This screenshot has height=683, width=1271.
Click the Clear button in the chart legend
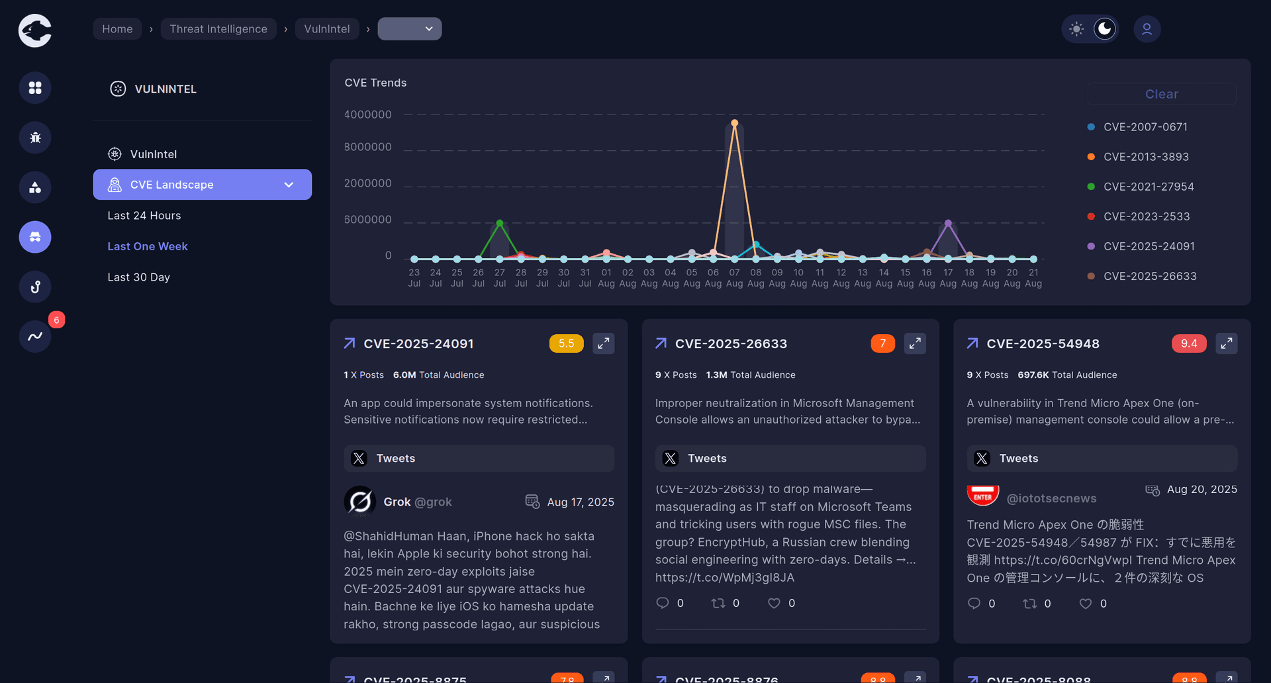pos(1161,94)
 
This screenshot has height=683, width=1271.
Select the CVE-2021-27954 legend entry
pos(1148,187)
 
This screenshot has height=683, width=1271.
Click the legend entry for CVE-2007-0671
pos(1145,127)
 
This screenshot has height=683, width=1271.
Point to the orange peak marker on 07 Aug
pos(734,123)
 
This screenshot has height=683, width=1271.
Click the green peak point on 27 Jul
pos(500,223)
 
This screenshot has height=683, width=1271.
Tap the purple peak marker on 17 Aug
pos(948,223)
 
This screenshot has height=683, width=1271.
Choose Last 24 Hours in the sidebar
pos(144,216)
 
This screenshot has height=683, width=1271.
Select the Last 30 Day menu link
pos(139,277)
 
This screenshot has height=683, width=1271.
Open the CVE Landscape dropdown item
pos(202,185)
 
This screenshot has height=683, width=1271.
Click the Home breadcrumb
pos(117,29)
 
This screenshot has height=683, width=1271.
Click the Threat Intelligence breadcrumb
pos(218,29)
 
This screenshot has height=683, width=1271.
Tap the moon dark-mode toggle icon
pos(1104,29)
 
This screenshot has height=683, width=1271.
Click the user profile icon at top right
pos(1147,29)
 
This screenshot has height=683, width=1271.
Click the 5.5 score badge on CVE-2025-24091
pos(566,343)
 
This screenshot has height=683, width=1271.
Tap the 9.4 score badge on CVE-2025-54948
pos(1189,343)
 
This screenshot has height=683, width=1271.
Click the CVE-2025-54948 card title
pos(1043,343)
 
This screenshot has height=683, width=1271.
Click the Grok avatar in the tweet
pos(360,502)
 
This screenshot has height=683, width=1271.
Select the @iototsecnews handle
pos(1051,498)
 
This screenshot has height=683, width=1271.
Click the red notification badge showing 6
pos(57,320)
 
